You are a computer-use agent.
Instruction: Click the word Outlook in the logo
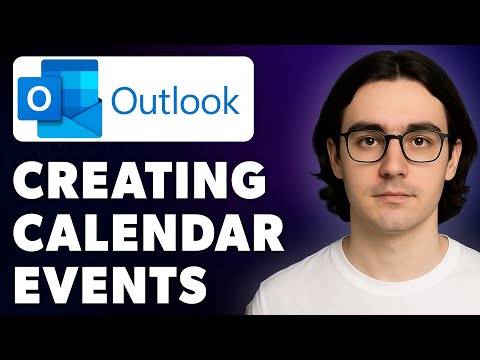click(176, 102)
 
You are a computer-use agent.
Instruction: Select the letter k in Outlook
click(227, 102)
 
